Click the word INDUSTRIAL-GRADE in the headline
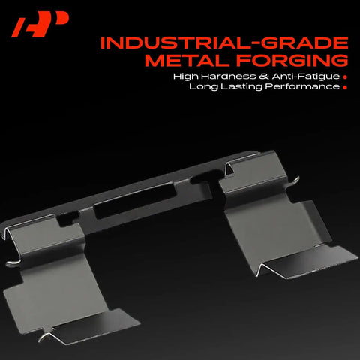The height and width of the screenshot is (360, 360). click(224, 43)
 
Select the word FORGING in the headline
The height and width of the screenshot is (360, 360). click(292, 61)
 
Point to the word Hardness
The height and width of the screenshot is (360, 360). click(228, 76)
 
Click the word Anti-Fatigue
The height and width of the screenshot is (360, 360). click(306, 76)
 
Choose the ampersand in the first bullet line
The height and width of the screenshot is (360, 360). click(264, 76)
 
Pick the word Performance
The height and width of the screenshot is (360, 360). click(302, 87)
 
